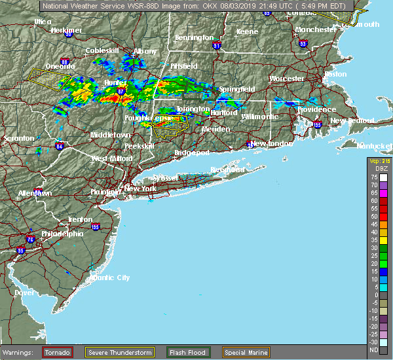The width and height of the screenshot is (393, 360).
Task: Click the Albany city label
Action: click(x=145, y=51)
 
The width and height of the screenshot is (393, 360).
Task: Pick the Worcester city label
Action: click(x=287, y=79)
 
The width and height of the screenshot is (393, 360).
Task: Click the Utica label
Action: click(x=43, y=22)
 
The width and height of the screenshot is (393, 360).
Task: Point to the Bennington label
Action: click(x=194, y=38)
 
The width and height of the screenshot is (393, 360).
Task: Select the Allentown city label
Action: click(x=34, y=194)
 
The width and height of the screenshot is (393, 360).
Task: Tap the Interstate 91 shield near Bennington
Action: click(x=217, y=46)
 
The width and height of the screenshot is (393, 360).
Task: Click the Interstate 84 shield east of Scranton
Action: click(x=60, y=147)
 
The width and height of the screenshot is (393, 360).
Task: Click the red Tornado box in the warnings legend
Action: click(x=58, y=352)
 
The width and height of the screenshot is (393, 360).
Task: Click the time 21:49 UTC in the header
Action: click(x=274, y=5)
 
